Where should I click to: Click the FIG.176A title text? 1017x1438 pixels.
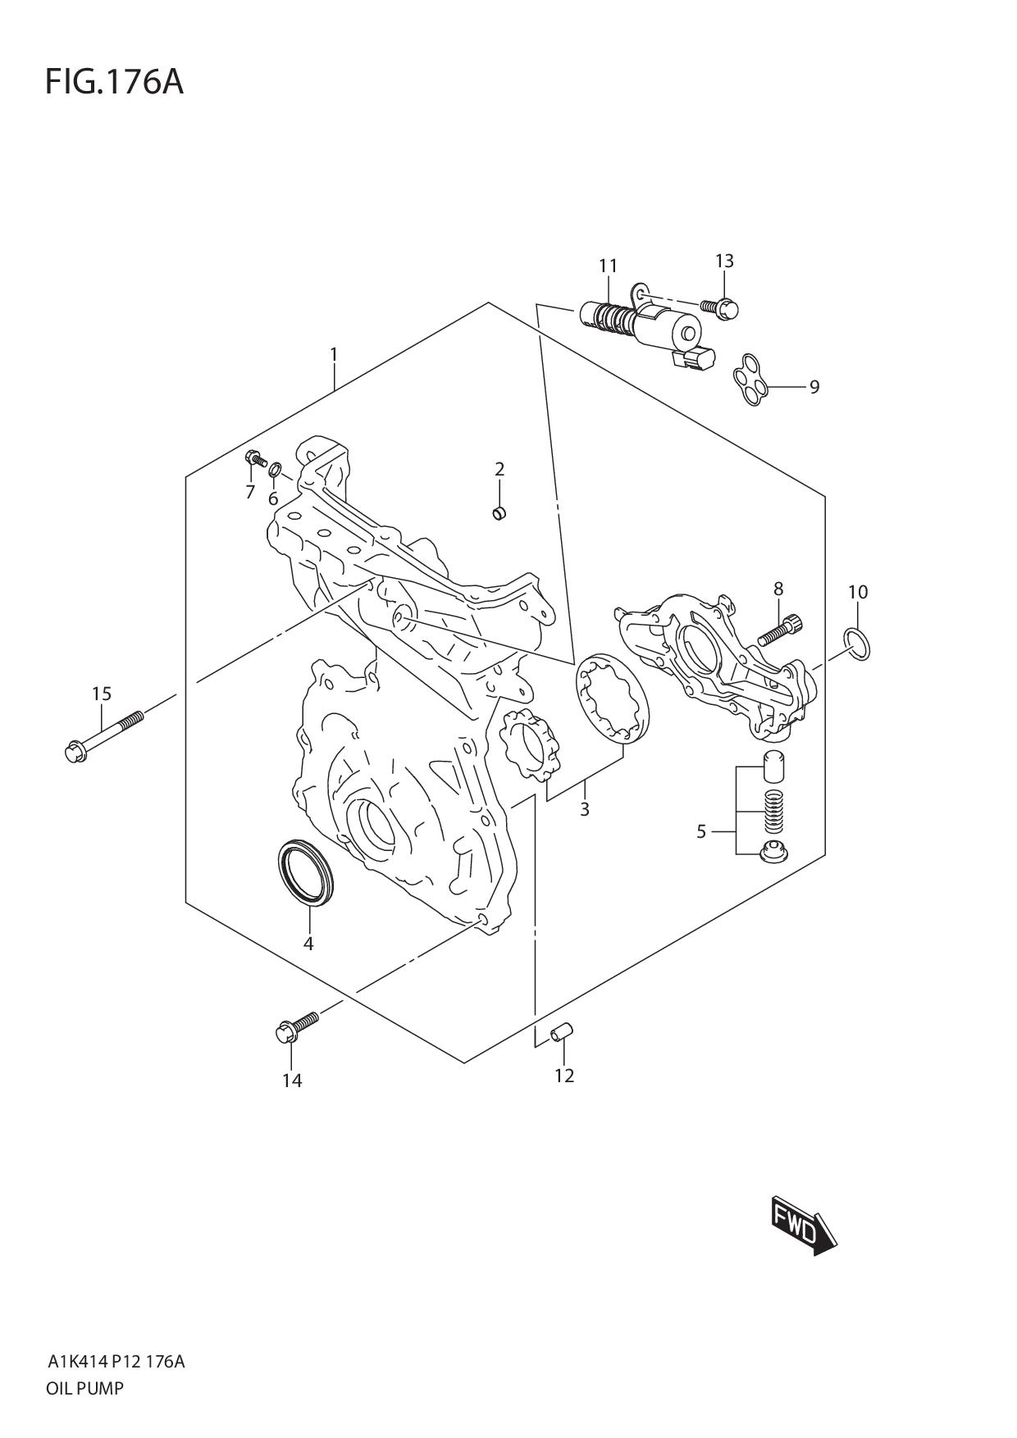point(114,82)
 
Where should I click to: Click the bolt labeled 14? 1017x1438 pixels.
point(297,1025)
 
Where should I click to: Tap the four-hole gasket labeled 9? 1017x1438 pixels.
point(750,380)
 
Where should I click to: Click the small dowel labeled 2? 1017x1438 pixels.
point(498,513)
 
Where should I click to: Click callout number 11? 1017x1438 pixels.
point(608,266)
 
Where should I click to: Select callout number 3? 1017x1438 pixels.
point(584,810)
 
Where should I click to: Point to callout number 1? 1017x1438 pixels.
point(334,354)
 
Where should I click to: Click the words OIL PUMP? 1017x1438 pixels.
point(85,1389)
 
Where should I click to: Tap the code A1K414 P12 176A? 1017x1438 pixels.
point(116,1363)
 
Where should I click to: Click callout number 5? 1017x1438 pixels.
point(701,831)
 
